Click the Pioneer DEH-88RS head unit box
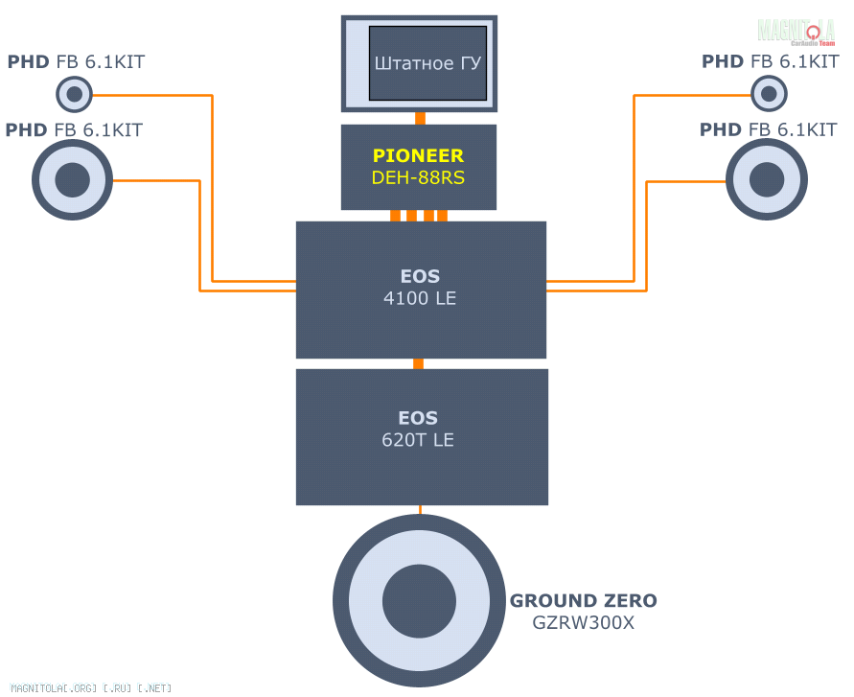(x=419, y=167)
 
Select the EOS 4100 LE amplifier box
(x=421, y=290)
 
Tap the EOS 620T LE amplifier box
(x=422, y=436)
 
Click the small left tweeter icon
(x=74, y=94)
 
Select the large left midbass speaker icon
(x=73, y=180)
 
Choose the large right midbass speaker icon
(x=766, y=180)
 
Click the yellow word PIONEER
(x=418, y=155)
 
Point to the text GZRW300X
(x=584, y=623)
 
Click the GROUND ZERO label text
(x=584, y=601)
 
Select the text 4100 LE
(x=420, y=299)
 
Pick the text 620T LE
(x=418, y=441)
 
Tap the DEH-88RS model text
(x=418, y=178)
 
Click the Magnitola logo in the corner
(x=796, y=32)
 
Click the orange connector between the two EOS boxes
(x=418, y=363)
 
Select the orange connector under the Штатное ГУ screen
(x=420, y=119)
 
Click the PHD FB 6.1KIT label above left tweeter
(x=77, y=62)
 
